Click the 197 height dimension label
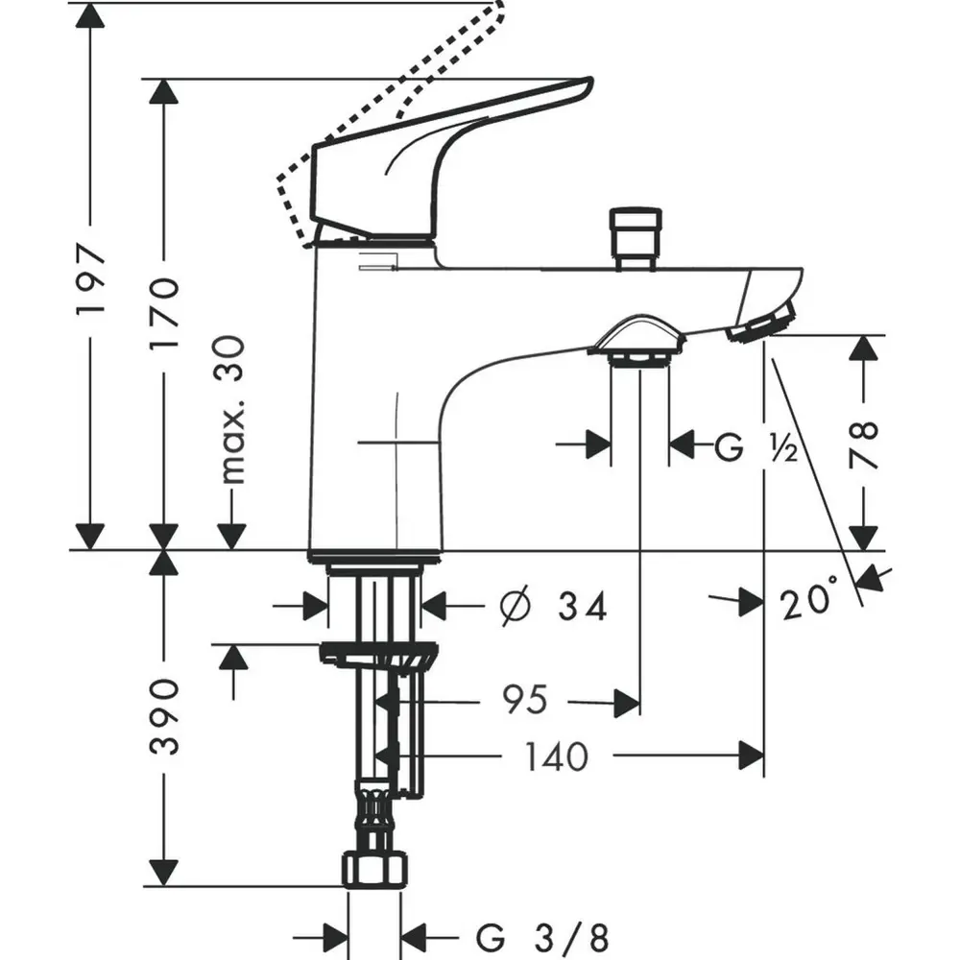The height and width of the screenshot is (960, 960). click(91, 278)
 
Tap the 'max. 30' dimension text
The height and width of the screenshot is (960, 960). click(232, 410)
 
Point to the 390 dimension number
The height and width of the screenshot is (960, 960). click(165, 716)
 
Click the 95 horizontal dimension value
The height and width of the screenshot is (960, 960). click(524, 699)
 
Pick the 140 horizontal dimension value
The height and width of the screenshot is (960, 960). click(557, 756)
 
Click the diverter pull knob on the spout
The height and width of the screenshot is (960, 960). click(636, 237)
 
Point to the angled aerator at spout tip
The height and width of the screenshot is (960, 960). click(761, 322)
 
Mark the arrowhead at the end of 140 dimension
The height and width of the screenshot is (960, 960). click(752, 756)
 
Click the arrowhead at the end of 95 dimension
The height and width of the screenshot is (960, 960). click(627, 703)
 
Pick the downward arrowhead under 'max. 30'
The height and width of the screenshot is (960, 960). click(231, 537)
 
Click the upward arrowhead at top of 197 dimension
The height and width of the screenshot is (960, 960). click(90, 16)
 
